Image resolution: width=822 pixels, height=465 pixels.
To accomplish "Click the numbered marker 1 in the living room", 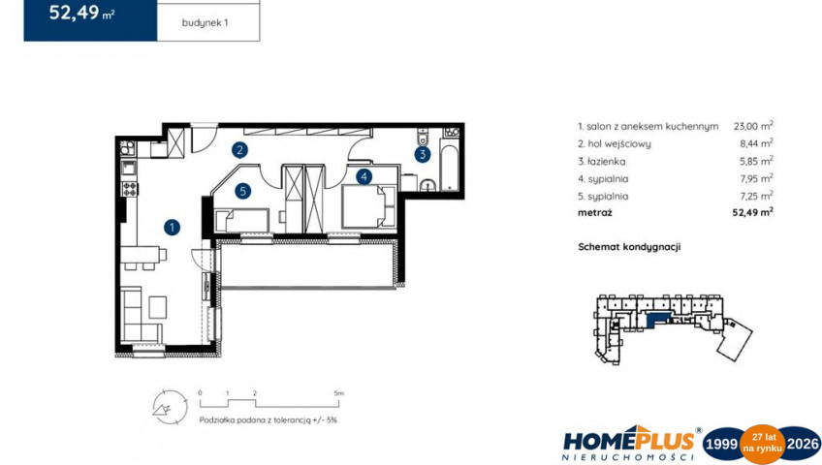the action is coord(172,228).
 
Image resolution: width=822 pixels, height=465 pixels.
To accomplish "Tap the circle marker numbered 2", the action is coord(239,150).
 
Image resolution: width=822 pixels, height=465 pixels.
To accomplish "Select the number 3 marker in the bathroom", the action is coord(423,154).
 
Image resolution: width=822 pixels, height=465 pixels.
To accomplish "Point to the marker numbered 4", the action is coord(364,177).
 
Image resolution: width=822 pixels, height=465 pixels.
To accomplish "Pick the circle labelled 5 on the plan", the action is coord(242,191).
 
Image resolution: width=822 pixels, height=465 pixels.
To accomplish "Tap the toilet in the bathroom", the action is coord(423,137).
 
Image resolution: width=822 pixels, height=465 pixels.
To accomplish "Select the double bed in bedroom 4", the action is coord(368,206).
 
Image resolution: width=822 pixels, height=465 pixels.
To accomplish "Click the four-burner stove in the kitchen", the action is coord(130,189).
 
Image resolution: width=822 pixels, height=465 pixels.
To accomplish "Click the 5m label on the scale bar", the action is coord(338,393).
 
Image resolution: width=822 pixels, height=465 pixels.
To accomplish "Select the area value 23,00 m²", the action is coord(753,126).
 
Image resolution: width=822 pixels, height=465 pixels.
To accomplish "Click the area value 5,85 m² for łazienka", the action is coord(756,161).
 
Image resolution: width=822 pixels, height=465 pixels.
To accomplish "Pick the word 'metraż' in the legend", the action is coord(595,212).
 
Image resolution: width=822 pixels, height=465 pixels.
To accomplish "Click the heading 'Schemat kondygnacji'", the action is coord(629,247).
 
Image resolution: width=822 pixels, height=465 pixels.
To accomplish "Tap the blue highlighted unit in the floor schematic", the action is coord(658,319).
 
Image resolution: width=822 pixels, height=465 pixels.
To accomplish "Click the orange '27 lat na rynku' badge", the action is coord(762,445).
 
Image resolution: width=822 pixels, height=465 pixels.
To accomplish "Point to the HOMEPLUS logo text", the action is coord(628,441).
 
